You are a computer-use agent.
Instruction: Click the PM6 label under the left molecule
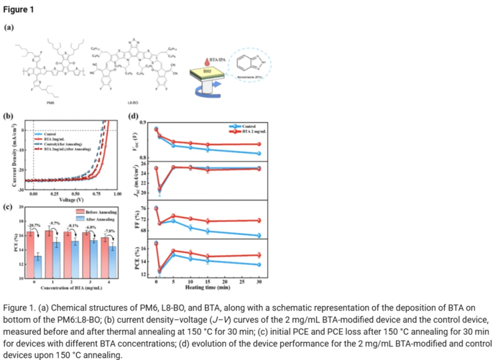pos(50,103)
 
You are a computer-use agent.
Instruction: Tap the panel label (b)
pos(9,116)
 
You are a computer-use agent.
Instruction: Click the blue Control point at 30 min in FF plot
pos(258,236)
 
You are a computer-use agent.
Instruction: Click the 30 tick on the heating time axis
pos(258,285)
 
